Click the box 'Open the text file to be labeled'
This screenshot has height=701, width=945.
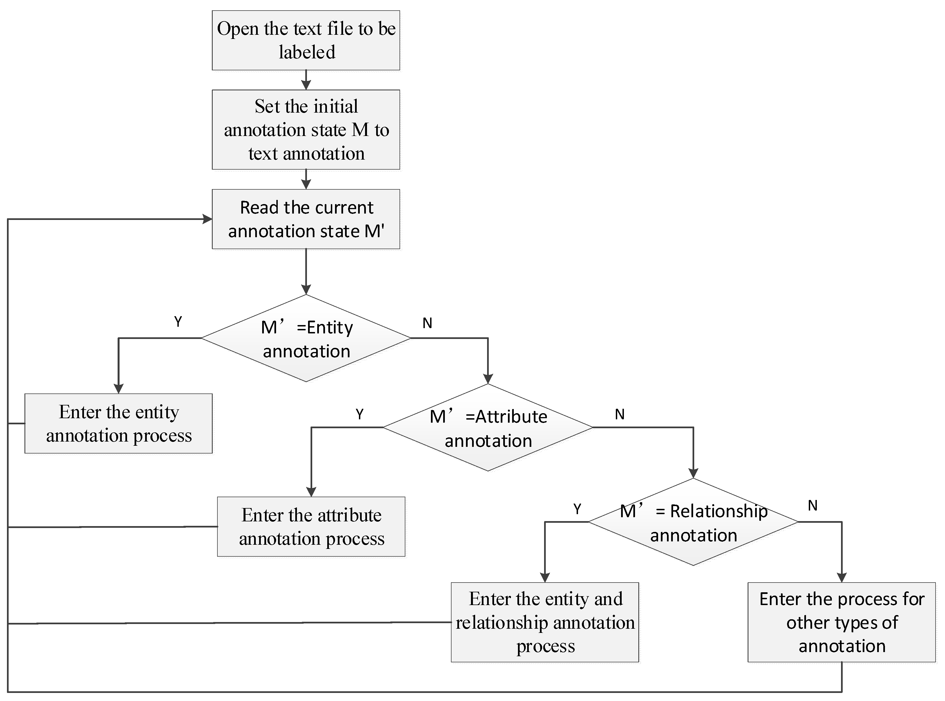point(306,40)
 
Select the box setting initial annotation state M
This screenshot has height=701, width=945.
point(306,129)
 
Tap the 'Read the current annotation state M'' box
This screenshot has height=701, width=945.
point(306,219)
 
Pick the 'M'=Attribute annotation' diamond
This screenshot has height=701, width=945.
point(488,428)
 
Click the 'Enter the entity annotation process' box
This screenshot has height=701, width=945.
point(118,423)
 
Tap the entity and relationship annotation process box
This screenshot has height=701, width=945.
point(545,622)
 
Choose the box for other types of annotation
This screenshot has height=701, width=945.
point(842,622)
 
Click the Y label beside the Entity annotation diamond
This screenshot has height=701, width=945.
point(178,322)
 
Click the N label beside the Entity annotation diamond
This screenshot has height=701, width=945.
point(427,323)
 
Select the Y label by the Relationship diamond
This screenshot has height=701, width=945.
point(577,509)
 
